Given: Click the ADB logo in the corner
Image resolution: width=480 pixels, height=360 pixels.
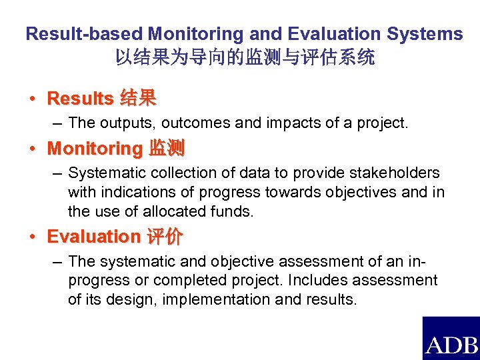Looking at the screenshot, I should click(x=451, y=339).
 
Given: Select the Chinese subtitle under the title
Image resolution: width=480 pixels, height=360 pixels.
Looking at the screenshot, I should click(x=245, y=58).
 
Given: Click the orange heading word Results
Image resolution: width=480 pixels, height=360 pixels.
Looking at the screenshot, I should click(x=80, y=99).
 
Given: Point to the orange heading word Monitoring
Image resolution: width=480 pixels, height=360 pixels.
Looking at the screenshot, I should click(x=95, y=148).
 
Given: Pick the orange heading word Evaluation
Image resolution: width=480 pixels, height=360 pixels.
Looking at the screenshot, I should click(x=93, y=237).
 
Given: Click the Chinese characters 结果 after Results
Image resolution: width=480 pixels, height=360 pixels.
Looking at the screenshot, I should click(x=138, y=99).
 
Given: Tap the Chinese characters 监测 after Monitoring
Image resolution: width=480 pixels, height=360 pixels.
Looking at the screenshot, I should click(x=167, y=148).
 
